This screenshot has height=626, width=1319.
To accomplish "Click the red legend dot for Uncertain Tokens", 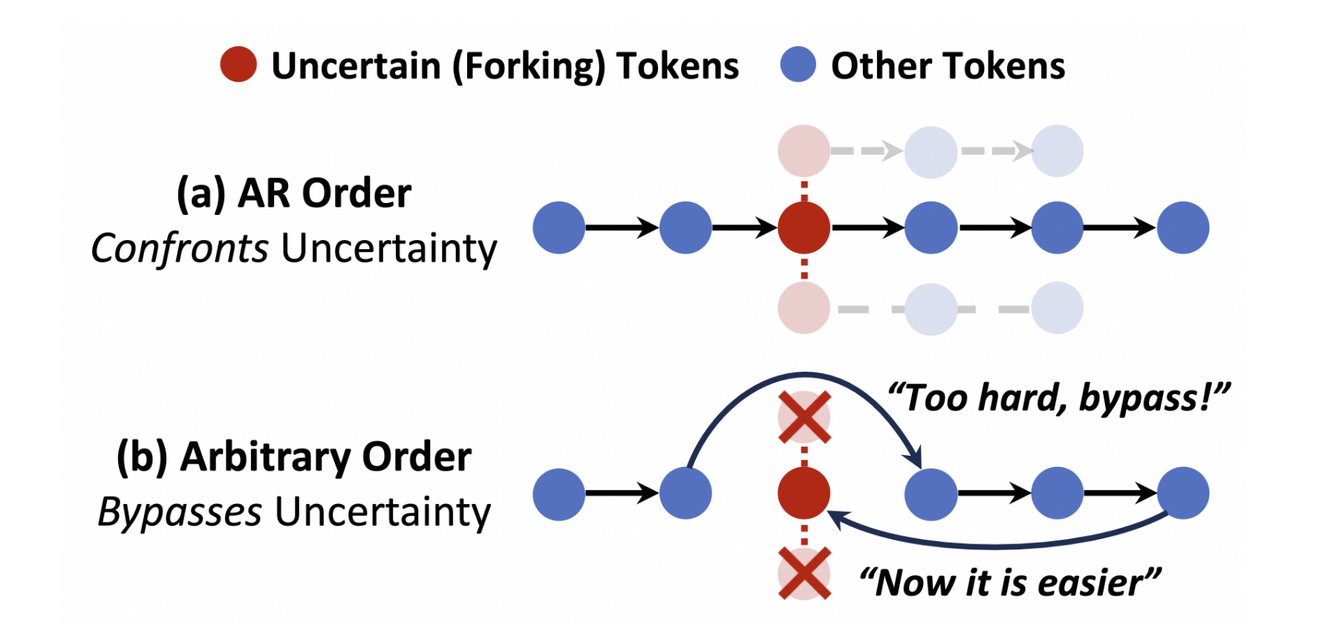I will (238, 65).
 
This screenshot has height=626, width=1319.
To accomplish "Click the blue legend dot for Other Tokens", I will (798, 65).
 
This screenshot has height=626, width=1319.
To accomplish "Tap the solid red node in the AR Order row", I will (804, 228).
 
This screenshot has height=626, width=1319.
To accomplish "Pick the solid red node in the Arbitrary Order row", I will (804, 493).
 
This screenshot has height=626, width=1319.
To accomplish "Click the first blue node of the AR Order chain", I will (558, 228).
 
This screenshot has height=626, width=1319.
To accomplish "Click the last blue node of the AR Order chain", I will (1183, 228).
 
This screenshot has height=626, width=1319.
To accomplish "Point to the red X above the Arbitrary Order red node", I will (804, 417).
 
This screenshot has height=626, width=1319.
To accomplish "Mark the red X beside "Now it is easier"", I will (804, 573).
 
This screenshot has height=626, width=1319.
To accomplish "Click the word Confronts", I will (179, 248).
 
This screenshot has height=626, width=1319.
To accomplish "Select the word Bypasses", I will (180, 512).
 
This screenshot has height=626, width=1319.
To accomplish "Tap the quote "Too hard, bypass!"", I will (1059, 398).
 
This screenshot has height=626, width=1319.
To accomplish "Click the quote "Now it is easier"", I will (1010, 582).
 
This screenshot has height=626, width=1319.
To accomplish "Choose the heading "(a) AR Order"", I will (293, 193).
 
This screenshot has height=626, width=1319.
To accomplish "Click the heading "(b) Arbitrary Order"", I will (293, 456).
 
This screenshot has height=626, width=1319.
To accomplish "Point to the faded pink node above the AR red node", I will (804, 151).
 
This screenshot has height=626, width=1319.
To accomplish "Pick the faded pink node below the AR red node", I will (804, 308).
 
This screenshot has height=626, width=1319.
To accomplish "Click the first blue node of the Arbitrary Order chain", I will (558, 493).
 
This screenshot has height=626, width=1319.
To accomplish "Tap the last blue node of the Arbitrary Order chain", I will (1183, 493).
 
